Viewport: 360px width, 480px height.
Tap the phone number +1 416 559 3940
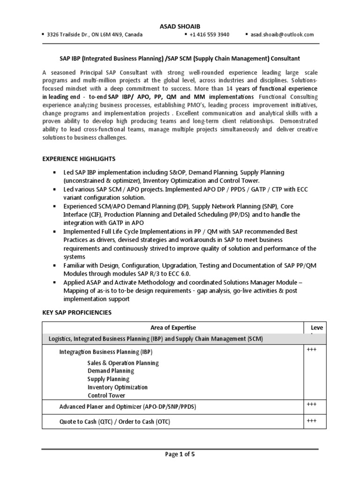[x=209, y=35]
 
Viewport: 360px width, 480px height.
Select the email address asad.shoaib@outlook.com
[x=282, y=35]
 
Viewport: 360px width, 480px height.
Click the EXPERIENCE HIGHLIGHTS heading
[x=79, y=159]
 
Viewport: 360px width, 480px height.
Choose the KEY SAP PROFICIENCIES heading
[x=77, y=312]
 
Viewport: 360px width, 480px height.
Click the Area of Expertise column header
[x=173, y=328]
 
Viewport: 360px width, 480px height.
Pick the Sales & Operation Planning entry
[x=123, y=363]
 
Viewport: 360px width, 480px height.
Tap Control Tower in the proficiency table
[x=106, y=395]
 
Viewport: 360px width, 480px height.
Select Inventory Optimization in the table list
[x=117, y=387]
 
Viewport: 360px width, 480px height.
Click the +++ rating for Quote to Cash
[x=312, y=421]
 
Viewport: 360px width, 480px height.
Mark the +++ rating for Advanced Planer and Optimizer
[x=312, y=404]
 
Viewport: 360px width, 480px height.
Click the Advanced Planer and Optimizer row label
[x=127, y=406]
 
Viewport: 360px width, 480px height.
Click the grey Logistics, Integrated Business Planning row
[x=156, y=338]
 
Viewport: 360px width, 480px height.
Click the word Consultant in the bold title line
[x=283, y=58]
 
